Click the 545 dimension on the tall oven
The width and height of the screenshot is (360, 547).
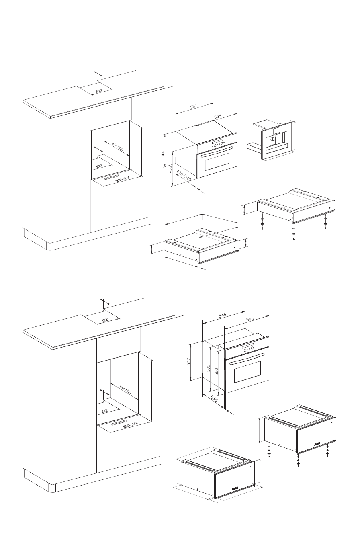221,316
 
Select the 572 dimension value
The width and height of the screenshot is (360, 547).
209,368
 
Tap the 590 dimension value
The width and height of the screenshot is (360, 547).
217,371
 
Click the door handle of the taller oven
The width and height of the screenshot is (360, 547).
247,358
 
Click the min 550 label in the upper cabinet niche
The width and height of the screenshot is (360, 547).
118,148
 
